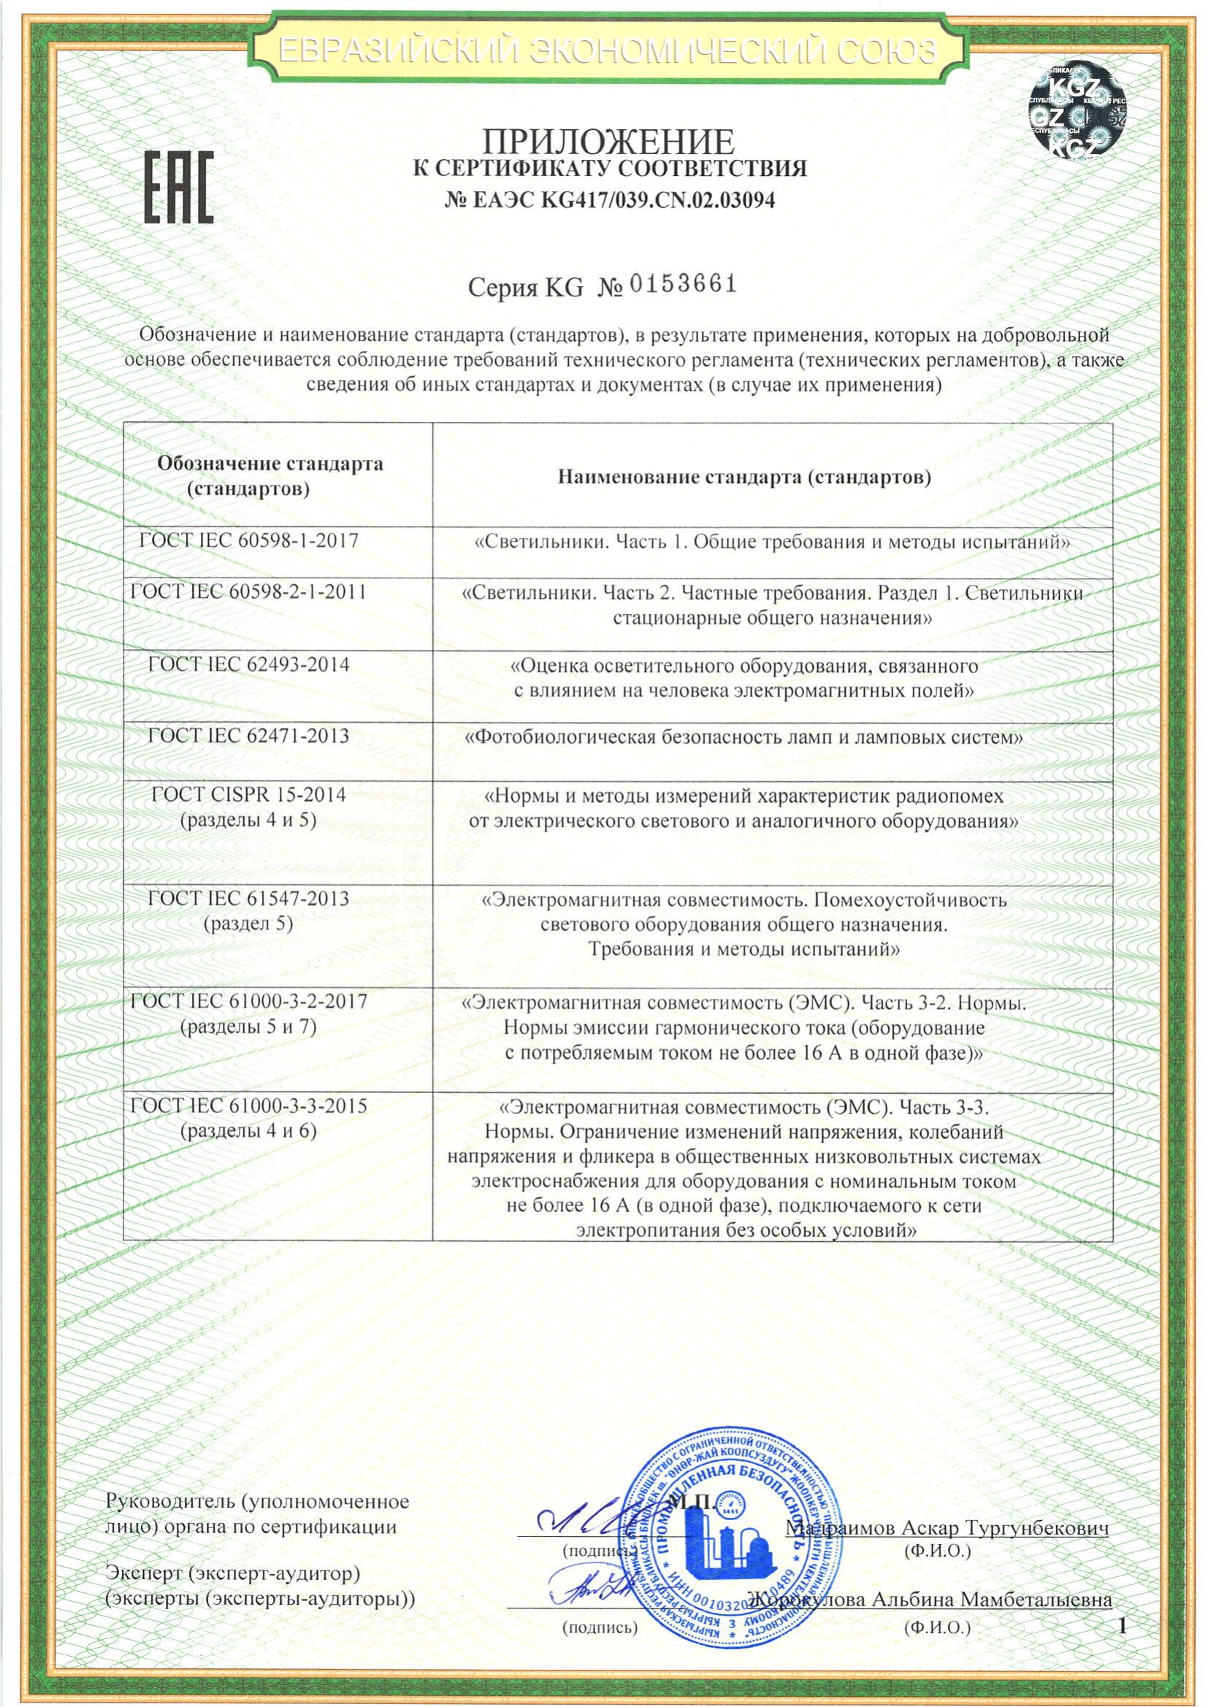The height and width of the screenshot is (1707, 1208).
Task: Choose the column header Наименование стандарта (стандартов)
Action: [744, 476]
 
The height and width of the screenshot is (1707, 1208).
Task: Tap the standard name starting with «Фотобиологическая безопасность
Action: [743, 737]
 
